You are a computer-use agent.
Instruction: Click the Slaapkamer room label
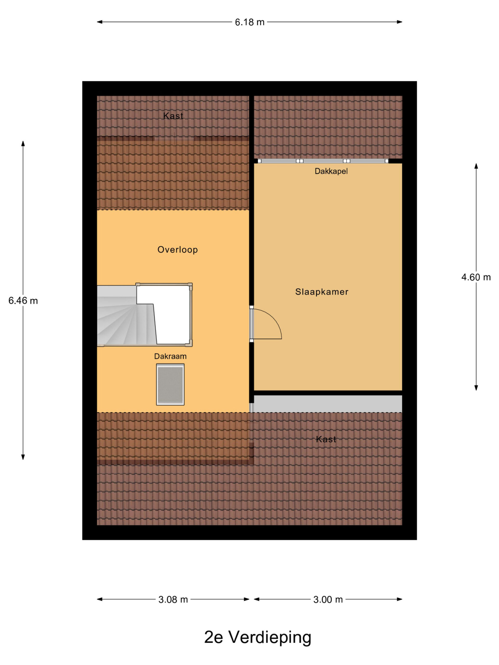coord(321,292)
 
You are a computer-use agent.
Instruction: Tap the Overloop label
coord(178,250)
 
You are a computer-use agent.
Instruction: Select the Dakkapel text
coord(331,171)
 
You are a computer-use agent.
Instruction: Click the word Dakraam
coord(170,356)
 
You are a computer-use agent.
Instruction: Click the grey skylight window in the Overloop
coord(170,384)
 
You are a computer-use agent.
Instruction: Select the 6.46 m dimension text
coord(23,301)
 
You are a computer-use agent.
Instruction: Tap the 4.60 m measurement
coord(476,277)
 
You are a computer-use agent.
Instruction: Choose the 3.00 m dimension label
coord(328,600)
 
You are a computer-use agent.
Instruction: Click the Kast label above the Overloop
coord(173,116)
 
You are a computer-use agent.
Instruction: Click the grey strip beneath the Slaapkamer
coord(328,404)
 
